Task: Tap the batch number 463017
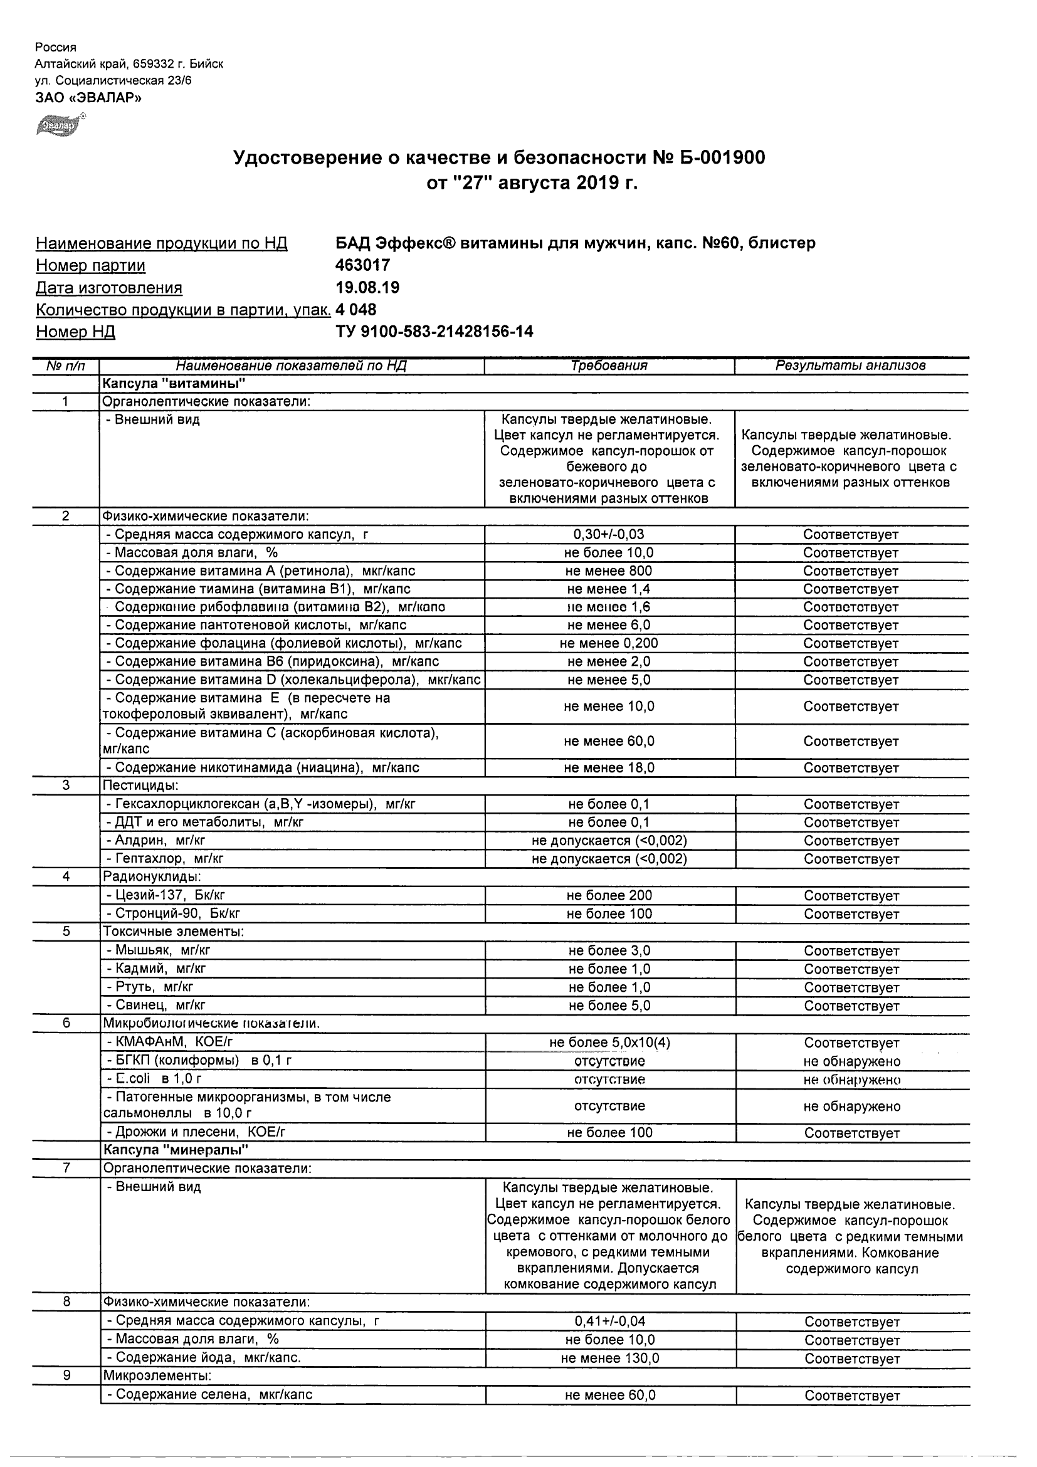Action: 362,265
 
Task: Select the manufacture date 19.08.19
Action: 367,288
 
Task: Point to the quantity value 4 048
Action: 356,310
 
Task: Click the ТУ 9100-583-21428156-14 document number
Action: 434,332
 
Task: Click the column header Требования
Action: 609,365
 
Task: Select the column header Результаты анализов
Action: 850,365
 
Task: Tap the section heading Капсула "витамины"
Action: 174,383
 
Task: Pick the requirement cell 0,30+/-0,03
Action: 609,535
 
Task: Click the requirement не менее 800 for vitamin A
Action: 609,571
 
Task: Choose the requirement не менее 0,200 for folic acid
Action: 609,643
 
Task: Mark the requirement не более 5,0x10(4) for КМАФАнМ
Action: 609,1043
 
